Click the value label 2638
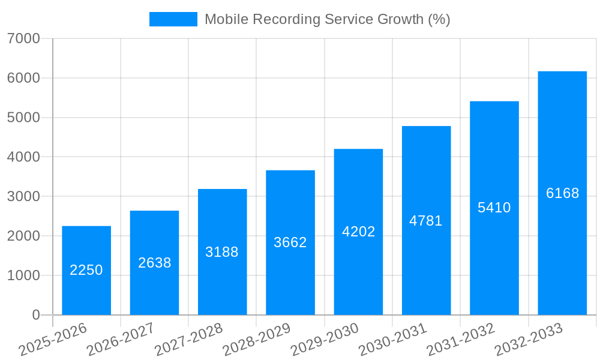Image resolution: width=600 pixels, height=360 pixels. tap(155, 263)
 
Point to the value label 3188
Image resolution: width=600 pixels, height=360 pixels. tap(222, 252)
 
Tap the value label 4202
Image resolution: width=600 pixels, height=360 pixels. tap(358, 232)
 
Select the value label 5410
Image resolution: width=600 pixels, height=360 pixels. tap(494, 208)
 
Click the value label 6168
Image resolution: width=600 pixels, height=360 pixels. tap(562, 193)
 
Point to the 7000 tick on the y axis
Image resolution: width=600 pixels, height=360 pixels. tap(24, 38)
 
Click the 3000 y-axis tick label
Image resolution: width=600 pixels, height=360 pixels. tap(24, 197)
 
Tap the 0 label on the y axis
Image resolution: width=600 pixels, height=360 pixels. tap(36, 315)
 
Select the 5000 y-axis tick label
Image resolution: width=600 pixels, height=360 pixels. tap(24, 118)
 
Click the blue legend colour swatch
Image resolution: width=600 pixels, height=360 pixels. tap(173, 19)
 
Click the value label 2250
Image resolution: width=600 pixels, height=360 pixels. tap(86, 270)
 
